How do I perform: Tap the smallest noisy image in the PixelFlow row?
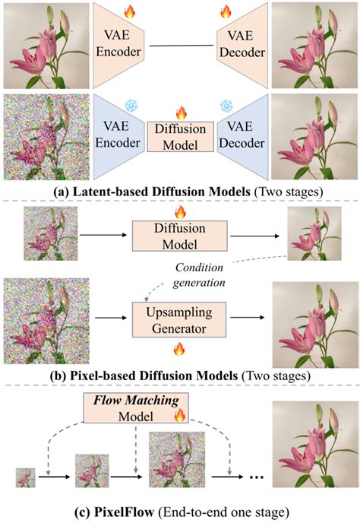(24, 477)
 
